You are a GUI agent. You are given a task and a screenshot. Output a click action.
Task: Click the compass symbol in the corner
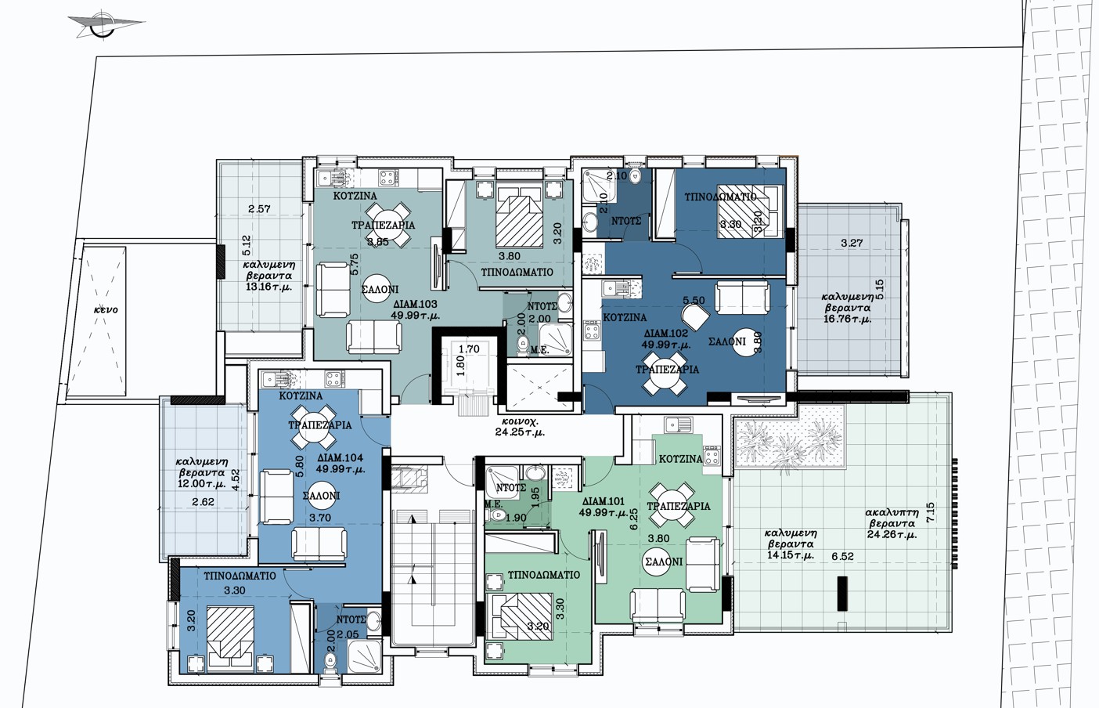[104, 23]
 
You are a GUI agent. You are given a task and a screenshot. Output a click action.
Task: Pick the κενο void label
[106, 310]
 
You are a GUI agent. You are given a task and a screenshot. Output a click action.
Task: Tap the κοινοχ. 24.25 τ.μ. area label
[520, 427]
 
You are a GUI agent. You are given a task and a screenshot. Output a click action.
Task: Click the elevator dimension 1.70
[469, 349]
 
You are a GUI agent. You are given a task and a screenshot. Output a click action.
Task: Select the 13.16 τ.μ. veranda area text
[268, 287]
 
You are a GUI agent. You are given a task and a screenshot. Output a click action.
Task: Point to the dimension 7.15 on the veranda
[930, 512]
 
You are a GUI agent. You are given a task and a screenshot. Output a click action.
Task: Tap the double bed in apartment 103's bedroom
[519, 215]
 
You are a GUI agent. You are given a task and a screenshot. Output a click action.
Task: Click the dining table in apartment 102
[665, 374]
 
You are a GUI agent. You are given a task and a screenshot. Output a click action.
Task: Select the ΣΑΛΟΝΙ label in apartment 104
[322, 496]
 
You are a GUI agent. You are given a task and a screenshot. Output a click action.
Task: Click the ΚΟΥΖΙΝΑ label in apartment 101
[680, 459]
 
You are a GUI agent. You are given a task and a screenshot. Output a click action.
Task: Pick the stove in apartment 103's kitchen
[387, 178]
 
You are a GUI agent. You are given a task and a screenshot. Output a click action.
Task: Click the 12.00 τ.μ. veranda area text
[202, 484]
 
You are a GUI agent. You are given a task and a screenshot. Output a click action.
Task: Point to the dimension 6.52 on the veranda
[842, 556]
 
